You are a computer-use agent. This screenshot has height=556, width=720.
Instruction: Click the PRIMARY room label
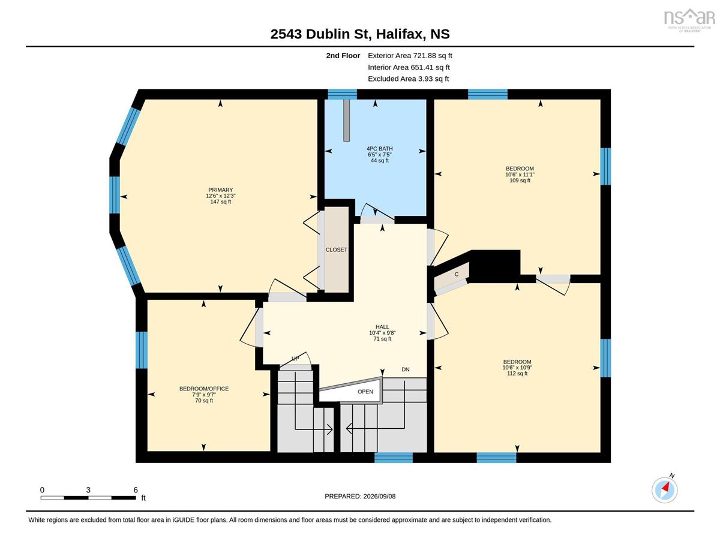pyautogui.click(x=220, y=190)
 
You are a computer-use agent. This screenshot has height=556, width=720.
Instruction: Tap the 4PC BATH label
pyautogui.click(x=379, y=149)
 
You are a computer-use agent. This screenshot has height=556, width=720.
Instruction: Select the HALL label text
pyautogui.click(x=382, y=327)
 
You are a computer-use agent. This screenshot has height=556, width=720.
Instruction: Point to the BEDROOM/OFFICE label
pyautogui.click(x=204, y=389)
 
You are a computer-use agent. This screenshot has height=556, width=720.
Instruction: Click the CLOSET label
pyautogui.click(x=337, y=250)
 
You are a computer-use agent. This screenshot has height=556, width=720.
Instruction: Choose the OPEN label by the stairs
pyautogui.click(x=365, y=392)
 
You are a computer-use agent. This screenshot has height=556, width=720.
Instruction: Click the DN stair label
pyautogui.click(x=406, y=369)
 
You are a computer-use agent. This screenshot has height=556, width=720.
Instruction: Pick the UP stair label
pyautogui.click(x=295, y=358)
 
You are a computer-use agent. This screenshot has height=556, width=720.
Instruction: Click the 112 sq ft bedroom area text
pyautogui.click(x=517, y=373)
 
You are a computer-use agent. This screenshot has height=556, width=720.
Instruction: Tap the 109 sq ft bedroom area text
pyautogui.click(x=520, y=181)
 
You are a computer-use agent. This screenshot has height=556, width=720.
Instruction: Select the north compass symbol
pyautogui.click(x=664, y=490)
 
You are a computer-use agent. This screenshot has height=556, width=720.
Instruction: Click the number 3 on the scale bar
pyautogui.click(x=88, y=490)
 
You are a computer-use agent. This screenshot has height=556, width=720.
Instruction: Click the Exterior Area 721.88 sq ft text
pyautogui.click(x=410, y=56)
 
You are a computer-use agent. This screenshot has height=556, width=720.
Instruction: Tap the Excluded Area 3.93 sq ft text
pyautogui.click(x=408, y=79)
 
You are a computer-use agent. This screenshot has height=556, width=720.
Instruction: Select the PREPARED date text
pyautogui.click(x=360, y=497)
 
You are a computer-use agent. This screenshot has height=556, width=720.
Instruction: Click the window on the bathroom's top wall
pyautogui.click(x=342, y=94)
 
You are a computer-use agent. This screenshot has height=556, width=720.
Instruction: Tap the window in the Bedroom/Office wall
pyautogui.click(x=142, y=350)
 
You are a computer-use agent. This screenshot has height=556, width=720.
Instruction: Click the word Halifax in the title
pyautogui.click(x=400, y=34)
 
